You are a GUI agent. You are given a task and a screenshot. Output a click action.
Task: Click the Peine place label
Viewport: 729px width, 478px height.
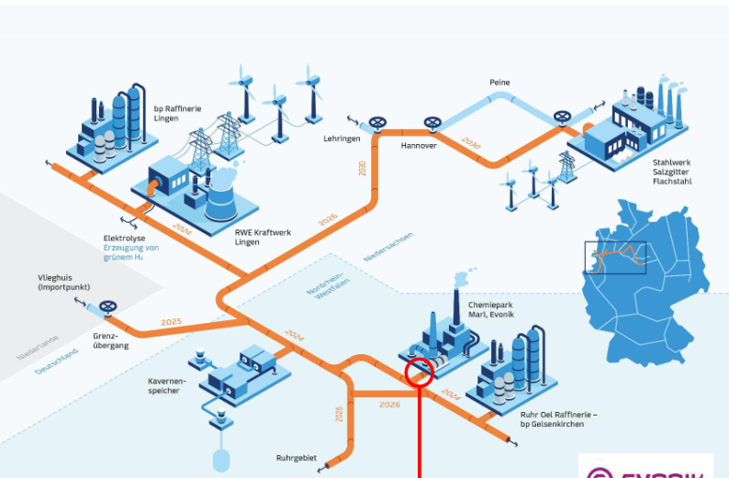click(x=499, y=83)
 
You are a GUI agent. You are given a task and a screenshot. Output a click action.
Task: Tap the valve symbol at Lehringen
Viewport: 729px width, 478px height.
click(x=376, y=124)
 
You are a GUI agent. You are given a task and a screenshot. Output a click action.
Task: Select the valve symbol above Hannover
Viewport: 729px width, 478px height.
click(x=432, y=123)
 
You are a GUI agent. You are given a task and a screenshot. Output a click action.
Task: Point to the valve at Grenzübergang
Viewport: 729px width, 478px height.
click(x=108, y=307)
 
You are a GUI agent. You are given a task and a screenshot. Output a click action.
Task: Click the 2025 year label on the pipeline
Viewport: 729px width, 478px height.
click(x=171, y=322)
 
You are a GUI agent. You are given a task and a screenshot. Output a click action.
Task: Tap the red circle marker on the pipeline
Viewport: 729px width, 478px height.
click(x=419, y=372)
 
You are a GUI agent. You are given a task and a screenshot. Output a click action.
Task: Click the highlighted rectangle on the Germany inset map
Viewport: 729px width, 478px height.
click(x=614, y=257)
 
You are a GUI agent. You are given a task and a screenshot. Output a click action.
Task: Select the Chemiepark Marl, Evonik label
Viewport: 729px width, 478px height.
click(x=491, y=309)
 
